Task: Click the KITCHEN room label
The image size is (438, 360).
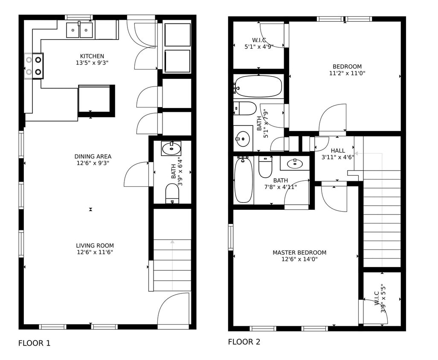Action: coord(92,56)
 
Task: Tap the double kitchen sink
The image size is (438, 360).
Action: coord(79,30)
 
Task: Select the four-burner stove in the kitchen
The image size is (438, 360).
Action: coord(34,66)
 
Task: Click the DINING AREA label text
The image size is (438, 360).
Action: coord(93,157)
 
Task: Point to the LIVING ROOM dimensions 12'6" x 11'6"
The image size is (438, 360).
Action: coord(95,252)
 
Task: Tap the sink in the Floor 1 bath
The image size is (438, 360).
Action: coord(171,148)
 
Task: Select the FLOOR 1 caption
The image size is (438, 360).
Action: coord(34,343)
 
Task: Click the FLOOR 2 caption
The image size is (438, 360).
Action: coord(244,342)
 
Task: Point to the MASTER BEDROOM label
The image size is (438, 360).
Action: coord(299,253)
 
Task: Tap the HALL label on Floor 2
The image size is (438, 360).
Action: coord(338,151)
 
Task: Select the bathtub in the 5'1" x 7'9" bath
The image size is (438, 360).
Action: coord(258,86)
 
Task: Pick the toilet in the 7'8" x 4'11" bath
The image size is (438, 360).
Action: coord(265,168)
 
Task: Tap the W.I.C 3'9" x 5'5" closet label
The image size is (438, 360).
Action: coord(380,299)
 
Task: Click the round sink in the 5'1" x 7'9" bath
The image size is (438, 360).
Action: coord(243,138)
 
